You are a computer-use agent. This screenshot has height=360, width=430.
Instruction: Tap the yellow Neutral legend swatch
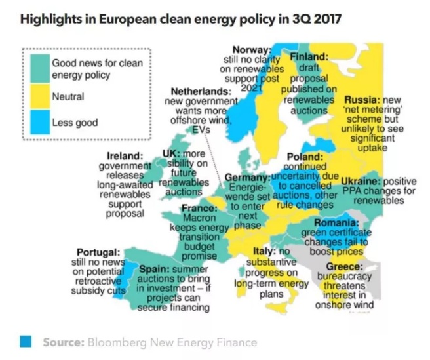coord(39,97)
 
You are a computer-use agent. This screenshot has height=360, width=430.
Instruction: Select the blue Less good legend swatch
coord(39,122)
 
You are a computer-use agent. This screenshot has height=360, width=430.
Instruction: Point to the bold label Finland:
coord(309,58)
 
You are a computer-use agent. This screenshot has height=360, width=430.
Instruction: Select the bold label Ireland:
coord(125,156)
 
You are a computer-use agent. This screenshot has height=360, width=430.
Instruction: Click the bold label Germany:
coord(247,178)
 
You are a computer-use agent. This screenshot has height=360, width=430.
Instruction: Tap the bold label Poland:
coord(305,157)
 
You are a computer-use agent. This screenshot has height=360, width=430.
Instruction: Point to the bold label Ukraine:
coord(361,181)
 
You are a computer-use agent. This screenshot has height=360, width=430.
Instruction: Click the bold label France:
coord(199,209)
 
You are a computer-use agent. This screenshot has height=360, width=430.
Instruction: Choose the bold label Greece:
coord(344,267)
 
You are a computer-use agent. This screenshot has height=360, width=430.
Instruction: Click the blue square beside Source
coord(26,341)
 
